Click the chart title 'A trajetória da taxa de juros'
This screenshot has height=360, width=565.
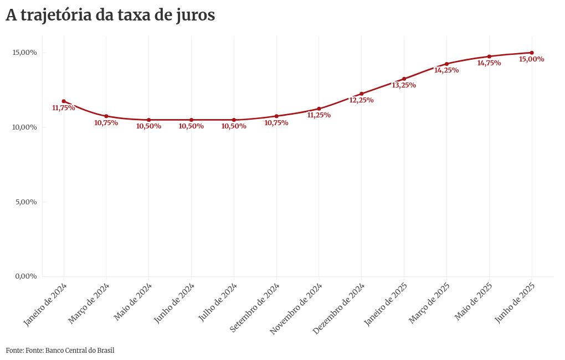tap(110, 16)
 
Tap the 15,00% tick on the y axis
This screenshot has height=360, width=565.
tap(25, 53)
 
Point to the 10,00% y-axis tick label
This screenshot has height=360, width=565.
tap(25, 127)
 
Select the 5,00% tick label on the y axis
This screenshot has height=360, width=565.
tap(26, 202)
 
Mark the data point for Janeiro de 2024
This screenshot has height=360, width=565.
tap(64, 101)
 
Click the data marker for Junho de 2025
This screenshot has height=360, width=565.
tap(532, 53)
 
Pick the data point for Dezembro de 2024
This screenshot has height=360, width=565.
tap(361, 94)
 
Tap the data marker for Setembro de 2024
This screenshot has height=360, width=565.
tap(276, 116)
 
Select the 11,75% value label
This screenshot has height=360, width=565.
tap(63, 108)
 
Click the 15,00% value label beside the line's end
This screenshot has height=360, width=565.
tap(531, 59)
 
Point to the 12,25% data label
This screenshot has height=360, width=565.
tap(361, 100)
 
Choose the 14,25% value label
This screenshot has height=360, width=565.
tap(446, 70)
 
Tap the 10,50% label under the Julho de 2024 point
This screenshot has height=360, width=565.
tap(234, 126)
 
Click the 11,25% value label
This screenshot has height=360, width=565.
tap(319, 115)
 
